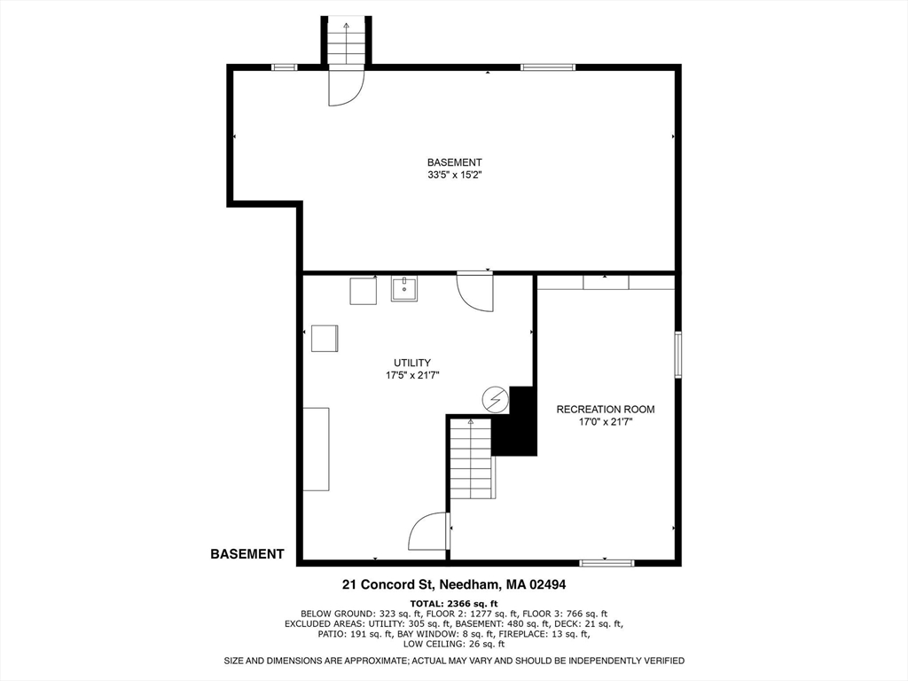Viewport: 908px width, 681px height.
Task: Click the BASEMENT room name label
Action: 454,162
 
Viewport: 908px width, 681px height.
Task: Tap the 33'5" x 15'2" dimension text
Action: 454,175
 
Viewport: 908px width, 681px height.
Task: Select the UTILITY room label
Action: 412,363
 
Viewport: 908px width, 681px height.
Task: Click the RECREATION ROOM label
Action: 605,409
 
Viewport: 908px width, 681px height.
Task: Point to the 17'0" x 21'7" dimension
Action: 605,422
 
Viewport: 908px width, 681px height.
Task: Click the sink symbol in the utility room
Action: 404,288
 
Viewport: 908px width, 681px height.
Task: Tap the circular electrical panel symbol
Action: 496,401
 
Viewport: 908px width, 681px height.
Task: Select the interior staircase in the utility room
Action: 471,459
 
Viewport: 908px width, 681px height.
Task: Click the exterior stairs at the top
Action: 346,42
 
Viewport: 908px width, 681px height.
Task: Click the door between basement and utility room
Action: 474,292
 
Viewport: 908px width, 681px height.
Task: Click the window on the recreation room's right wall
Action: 678,355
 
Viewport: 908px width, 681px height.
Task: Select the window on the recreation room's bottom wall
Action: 607,562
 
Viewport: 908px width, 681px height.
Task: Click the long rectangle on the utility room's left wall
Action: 317,449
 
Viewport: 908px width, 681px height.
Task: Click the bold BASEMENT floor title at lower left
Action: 247,554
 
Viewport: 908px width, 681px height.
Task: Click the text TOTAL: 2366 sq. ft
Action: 454,603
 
